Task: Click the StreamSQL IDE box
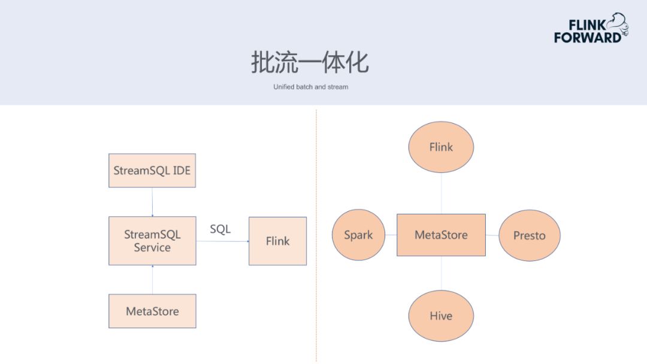[152, 171]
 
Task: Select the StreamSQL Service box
[152, 241]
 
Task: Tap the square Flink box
[278, 241]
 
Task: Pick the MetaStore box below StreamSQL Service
[152, 311]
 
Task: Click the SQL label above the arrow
[220, 229]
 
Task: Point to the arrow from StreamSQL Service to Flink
[222, 241]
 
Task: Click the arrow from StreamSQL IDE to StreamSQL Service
[152, 202]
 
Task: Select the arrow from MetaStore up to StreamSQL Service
[152, 280]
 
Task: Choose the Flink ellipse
[441, 147]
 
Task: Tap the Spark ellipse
[359, 235]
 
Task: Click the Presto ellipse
[530, 235]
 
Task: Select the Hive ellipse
[441, 316]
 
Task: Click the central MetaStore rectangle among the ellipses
[441, 235]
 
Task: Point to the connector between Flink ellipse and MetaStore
[441, 193]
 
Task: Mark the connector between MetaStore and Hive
[441, 274]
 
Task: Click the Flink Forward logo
[591, 28]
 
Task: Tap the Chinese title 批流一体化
[310, 62]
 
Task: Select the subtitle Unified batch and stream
[311, 87]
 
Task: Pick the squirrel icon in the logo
[618, 24]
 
